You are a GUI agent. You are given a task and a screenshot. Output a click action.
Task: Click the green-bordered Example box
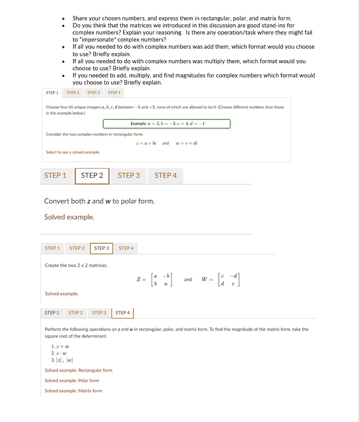coord(166,123)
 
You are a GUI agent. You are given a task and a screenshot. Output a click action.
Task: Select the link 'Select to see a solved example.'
coord(73,152)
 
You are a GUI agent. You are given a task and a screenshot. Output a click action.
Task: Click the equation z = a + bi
coord(148,143)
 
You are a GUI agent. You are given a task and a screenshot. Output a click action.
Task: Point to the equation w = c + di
coord(187,143)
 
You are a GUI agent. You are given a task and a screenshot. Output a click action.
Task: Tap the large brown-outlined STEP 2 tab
coord(92,176)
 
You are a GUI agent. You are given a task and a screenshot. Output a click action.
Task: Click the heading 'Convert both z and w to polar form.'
coord(99,201)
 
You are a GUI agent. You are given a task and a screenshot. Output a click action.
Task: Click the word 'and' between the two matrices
coord(188,280)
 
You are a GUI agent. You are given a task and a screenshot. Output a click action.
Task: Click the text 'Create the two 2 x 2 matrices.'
coord(76,265)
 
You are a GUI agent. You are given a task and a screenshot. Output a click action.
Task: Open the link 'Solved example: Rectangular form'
coord(78,370)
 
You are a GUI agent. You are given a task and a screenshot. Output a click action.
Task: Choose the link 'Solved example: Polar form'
coord(72,380)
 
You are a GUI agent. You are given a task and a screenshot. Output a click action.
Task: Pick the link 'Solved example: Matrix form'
coord(73,391)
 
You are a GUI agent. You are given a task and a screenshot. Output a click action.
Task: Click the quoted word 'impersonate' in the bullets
coord(97,39)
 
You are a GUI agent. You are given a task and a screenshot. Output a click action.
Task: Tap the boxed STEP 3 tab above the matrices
coord(101,248)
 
